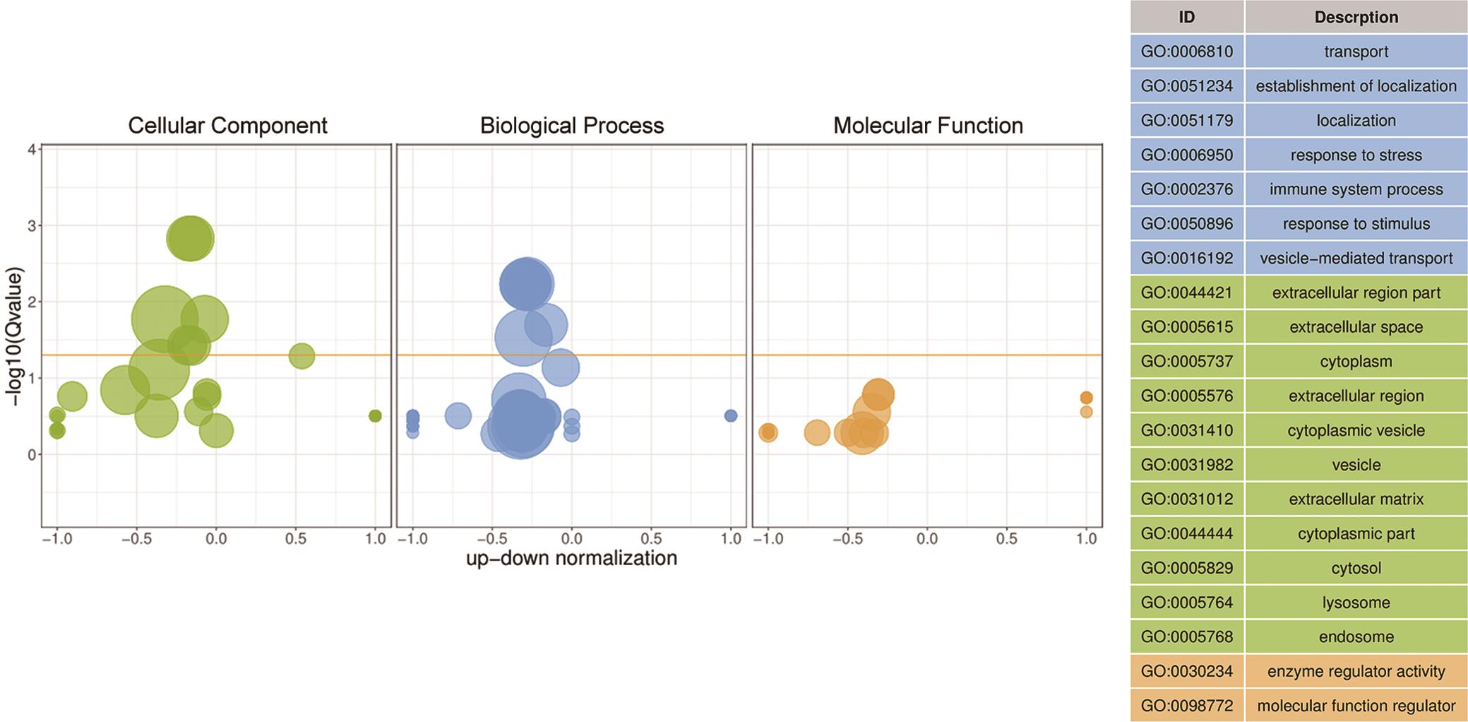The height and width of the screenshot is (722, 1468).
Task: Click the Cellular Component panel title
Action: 227,126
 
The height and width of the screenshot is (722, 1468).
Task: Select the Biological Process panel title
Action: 572,126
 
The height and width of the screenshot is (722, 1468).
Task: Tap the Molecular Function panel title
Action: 928,126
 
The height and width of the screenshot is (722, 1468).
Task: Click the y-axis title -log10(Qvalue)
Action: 14,336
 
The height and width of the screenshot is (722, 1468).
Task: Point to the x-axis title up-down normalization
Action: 571,558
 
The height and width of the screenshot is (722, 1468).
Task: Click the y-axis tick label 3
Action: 32,225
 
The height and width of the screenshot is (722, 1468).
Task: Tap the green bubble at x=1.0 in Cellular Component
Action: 375,416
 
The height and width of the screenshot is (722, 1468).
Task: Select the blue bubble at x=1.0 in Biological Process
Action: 731,416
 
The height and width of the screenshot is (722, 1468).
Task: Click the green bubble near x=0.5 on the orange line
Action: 302,356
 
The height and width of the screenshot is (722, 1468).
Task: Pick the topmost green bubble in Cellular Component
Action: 190,238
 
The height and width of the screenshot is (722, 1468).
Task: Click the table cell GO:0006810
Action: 1187,52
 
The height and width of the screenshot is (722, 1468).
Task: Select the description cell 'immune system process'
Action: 1356,189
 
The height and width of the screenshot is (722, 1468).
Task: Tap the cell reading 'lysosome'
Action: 1356,603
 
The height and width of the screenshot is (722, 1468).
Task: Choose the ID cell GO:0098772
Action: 1187,706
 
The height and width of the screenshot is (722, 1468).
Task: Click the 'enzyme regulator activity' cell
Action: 1356,671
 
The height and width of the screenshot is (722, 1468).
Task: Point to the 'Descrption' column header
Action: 1356,17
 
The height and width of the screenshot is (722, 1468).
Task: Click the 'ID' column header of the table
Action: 1187,17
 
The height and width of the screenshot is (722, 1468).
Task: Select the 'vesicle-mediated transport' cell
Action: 1356,259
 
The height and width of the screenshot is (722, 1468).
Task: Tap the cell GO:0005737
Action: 1187,362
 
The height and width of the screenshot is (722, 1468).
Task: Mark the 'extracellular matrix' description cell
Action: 1356,499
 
